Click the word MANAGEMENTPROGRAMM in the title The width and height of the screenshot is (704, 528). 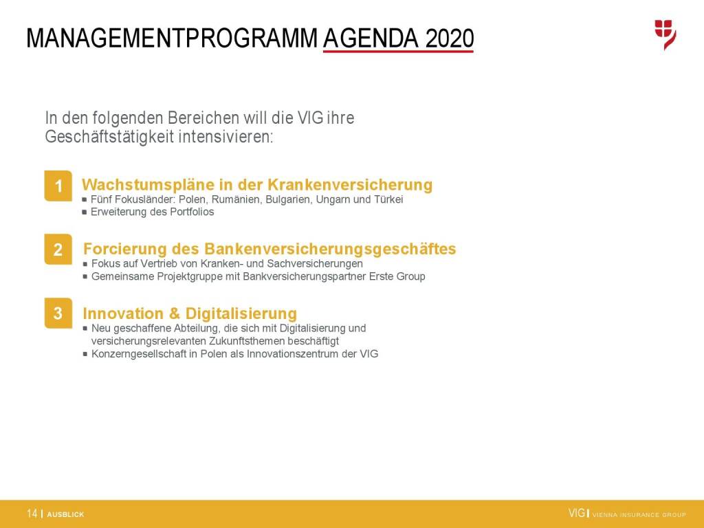click(173, 38)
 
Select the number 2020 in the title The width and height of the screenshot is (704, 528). click(450, 38)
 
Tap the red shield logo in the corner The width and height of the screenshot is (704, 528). click(665, 34)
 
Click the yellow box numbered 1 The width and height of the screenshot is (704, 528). click(58, 186)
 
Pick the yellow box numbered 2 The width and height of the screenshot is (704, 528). click(58, 249)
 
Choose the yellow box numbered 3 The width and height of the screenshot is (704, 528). click(58, 313)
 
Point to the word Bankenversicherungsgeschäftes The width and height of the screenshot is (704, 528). click(330, 249)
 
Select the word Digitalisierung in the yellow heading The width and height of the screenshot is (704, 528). click(241, 313)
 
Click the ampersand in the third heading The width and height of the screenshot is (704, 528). click(174, 313)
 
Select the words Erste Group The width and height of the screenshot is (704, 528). click(397, 276)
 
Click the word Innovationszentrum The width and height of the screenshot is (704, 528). click(293, 354)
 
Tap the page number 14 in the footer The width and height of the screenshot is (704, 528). click(32, 514)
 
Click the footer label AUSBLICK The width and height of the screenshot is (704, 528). click(65, 514)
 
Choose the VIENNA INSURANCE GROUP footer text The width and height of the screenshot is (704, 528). click(639, 515)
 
